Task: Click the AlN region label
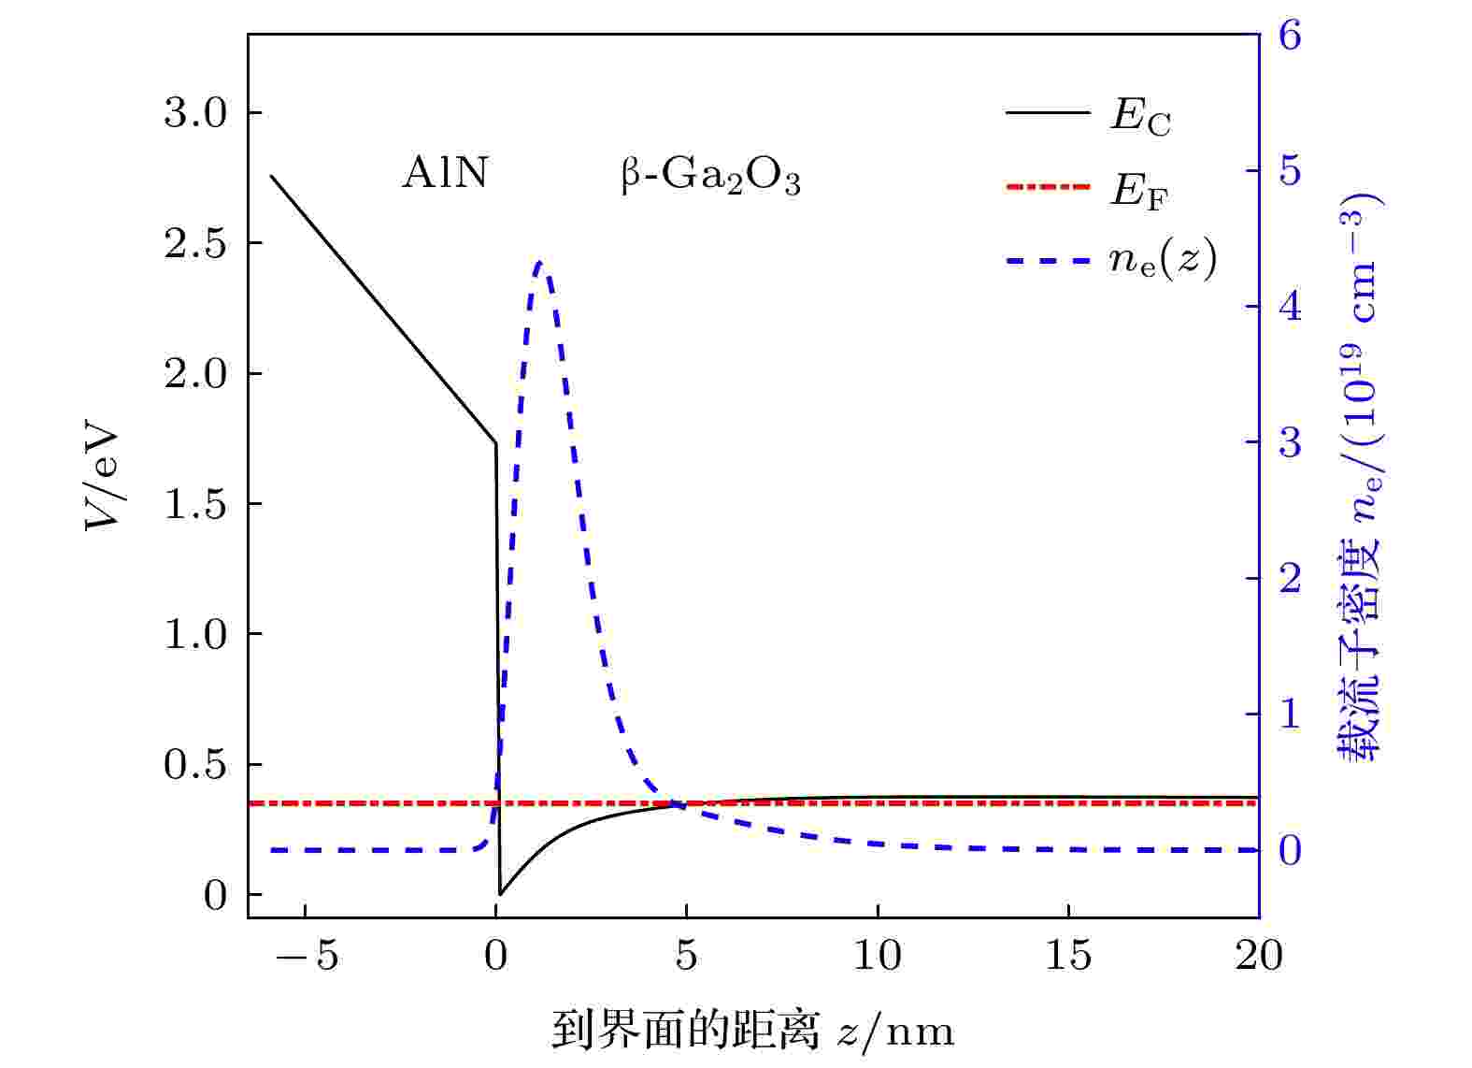click(445, 173)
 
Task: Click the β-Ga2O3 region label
click(710, 177)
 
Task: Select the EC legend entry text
click(1139, 116)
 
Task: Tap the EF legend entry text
click(1138, 191)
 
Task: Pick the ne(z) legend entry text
click(1163, 259)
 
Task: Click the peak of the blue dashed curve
click(540, 263)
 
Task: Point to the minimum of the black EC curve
click(501, 894)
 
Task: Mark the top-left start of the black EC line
click(271, 176)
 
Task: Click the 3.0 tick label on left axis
click(195, 113)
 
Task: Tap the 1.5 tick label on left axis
click(195, 505)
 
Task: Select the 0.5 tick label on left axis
click(195, 765)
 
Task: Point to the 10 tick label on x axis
click(877, 956)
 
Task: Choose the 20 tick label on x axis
click(1258, 956)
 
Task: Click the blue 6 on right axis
click(1290, 36)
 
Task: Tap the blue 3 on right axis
click(1290, 442)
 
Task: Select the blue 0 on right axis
click(1290, 850)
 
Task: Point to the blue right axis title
click(1361, 477)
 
